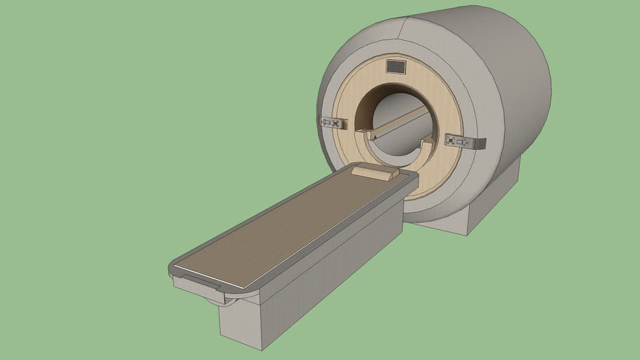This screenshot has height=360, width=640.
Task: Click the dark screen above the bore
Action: pos(396,67)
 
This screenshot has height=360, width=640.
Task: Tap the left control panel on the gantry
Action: pos(334,122)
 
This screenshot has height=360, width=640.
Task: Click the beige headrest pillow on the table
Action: pos(376,172)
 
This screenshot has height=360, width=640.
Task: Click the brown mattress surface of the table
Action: pos(288,225)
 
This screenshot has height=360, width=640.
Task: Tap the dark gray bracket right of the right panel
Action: pos(480,144)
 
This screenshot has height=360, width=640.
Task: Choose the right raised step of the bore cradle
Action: pos(426,143)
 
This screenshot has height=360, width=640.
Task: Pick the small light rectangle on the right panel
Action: pos(461,142)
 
